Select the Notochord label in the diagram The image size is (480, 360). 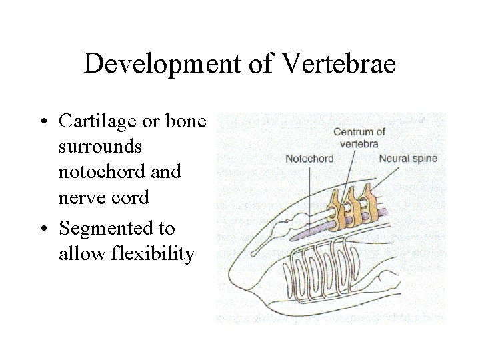point(309,159)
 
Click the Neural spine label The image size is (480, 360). point(406,159)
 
